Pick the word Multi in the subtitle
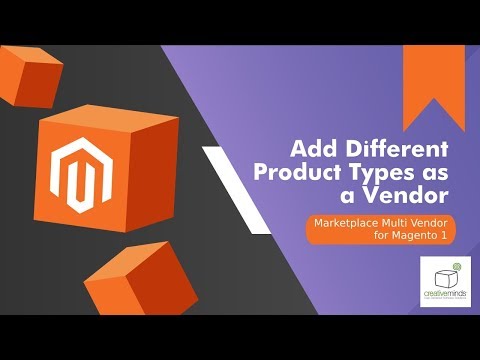404,223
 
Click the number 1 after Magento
437,237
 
